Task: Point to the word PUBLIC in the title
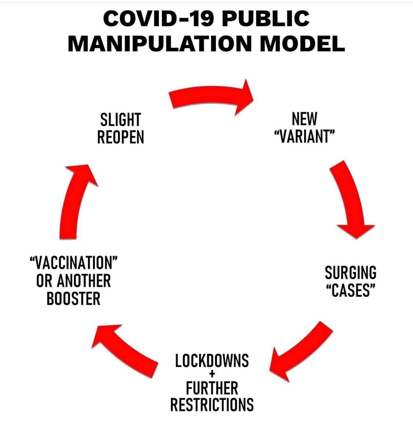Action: (265, 19)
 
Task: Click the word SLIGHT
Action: (120, 120)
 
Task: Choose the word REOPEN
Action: (120, 137)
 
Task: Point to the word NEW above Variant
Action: (304, 119)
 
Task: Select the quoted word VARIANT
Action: (304, 137)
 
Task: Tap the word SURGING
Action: (350, 273)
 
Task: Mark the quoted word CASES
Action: (350, 291)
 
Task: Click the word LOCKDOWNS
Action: (212, 361)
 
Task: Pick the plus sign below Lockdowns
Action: (212, 375)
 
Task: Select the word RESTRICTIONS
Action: (212, 405)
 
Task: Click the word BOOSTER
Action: (73, 298)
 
